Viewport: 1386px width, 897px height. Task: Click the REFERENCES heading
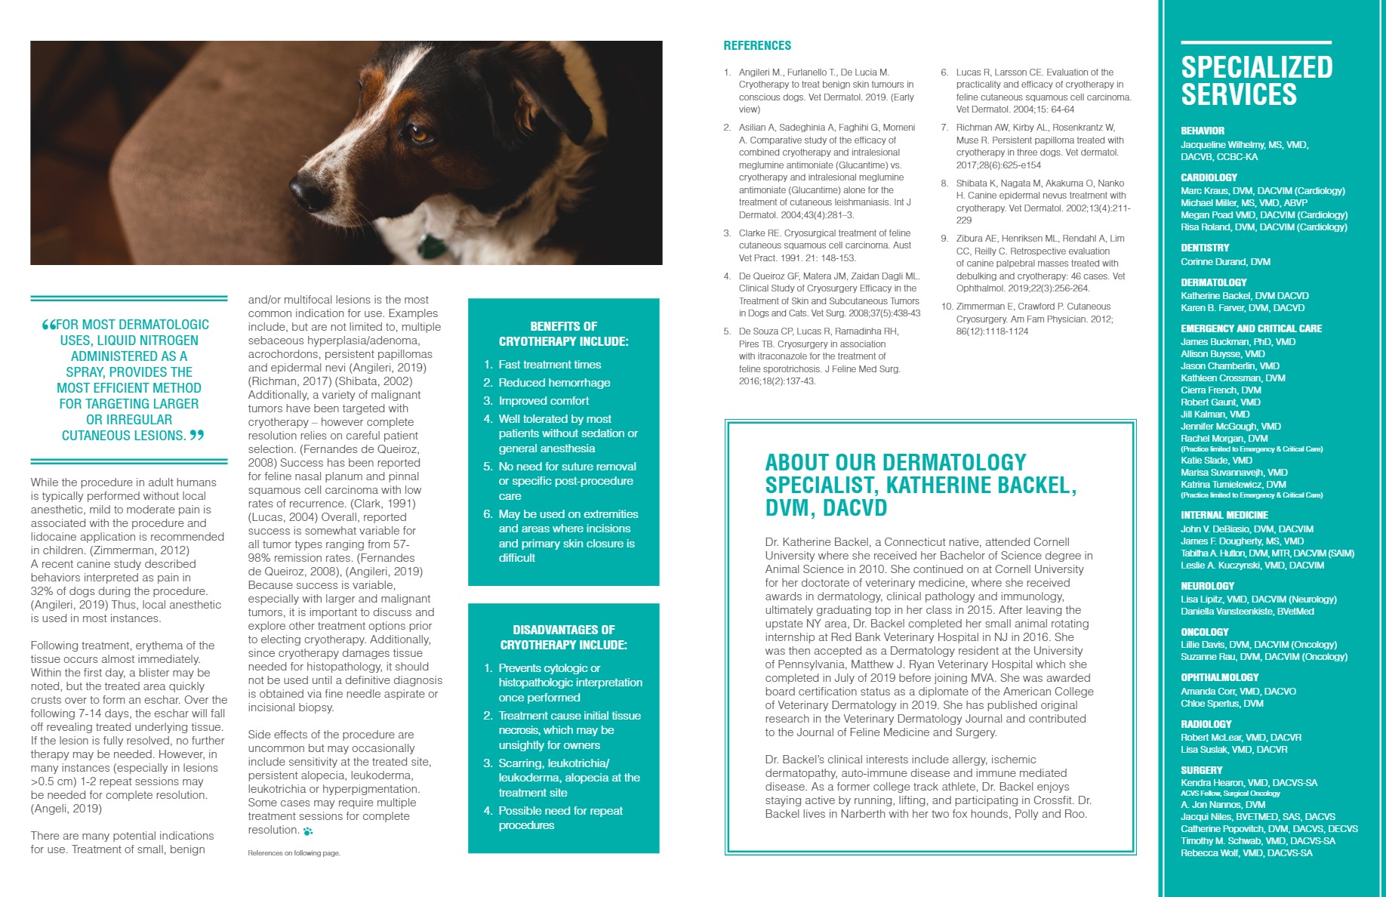(757, 45)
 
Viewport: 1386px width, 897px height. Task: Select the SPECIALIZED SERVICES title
(1256, 81)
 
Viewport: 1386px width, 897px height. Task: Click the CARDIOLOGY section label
(1209, 177)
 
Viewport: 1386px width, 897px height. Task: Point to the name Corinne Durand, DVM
(1225, 262)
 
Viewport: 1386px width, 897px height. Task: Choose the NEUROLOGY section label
(1208, 586)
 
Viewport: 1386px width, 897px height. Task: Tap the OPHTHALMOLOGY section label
(1219, 677)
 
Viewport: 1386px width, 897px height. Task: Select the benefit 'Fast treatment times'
(550, 365)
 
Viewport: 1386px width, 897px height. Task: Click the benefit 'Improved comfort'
(544, 401)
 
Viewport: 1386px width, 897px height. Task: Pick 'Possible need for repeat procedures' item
(560, 818)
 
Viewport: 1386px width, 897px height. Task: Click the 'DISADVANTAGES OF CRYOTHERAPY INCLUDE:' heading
(563, 637)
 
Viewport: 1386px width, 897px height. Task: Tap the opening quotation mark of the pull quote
(49, 325)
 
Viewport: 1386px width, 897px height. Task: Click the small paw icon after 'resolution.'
(308, 831)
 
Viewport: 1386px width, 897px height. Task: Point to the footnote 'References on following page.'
(294, 853)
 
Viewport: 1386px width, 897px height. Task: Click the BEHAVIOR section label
(1203, 131)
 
